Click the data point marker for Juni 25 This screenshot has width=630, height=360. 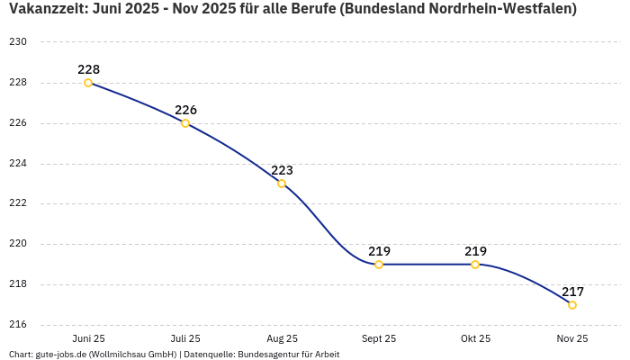point(88,83)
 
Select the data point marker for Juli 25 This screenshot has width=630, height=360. point(185,123)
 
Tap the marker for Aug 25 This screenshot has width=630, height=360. point(282,184)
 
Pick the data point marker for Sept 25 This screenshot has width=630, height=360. point(379,265)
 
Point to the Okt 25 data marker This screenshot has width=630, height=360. point(475,265)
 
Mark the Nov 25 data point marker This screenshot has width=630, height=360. point(572,305)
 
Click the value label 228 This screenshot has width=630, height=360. point(88,69)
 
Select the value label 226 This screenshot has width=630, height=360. point(185,110)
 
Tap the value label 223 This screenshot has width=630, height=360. point(282,170)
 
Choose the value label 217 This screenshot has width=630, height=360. point(572,292)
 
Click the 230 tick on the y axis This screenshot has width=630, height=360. point(18,42)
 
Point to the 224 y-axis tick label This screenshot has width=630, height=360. point(18,164)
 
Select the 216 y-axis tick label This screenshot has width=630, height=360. point(18,325)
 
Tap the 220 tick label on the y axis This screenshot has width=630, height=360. point(18,244)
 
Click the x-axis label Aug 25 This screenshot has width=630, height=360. point(282,338)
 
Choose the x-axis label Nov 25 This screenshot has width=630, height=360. point(572,338)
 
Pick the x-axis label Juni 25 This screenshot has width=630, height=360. point(88,338)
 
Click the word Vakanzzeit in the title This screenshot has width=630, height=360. point(45,9)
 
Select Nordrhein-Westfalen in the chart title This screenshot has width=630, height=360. point(505,9)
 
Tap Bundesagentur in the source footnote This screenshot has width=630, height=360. point(268,355)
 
